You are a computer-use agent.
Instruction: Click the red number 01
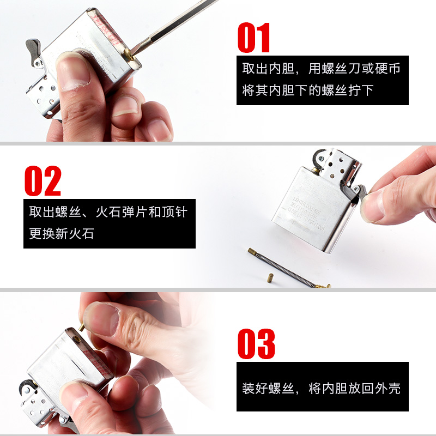(x=254, y=38)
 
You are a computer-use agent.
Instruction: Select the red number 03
(x=256, y=343)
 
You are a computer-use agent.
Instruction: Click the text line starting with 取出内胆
(x=322, y=69)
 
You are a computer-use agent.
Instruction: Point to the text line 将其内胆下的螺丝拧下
(x=308, y=90)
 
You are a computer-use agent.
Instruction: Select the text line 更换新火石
(x=62, y=234)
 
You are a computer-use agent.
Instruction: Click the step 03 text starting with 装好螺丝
(x=322, y=389)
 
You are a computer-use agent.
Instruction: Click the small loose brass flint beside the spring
(x=269, y=279)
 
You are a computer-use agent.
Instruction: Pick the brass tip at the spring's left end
(x=252, y=252)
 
